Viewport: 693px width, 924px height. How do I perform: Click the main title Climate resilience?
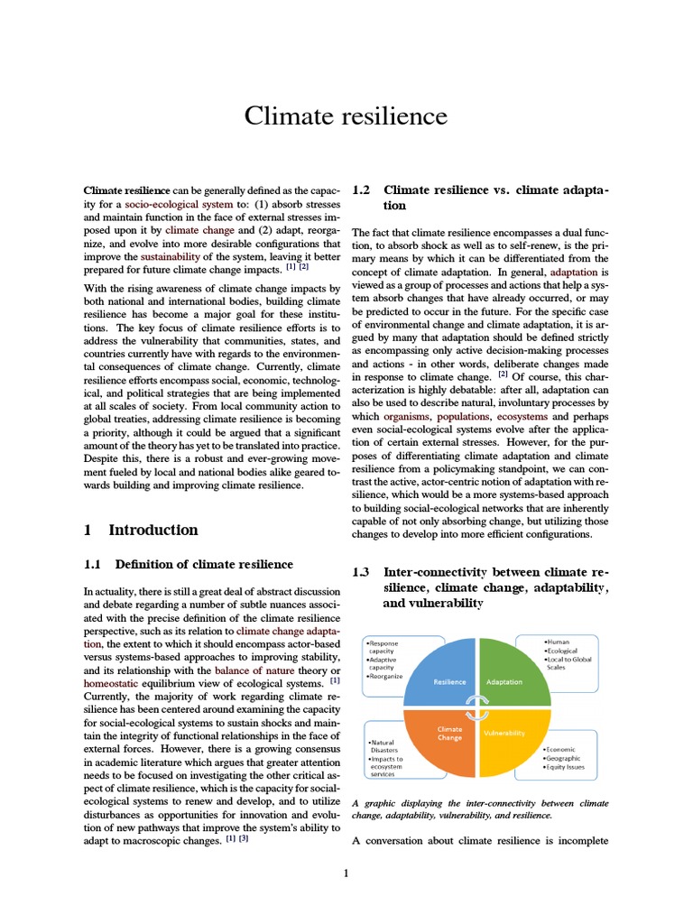point(346,116)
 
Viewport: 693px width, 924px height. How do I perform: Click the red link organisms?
point(407,417)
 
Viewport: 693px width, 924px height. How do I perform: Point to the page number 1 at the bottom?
point(346,873)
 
